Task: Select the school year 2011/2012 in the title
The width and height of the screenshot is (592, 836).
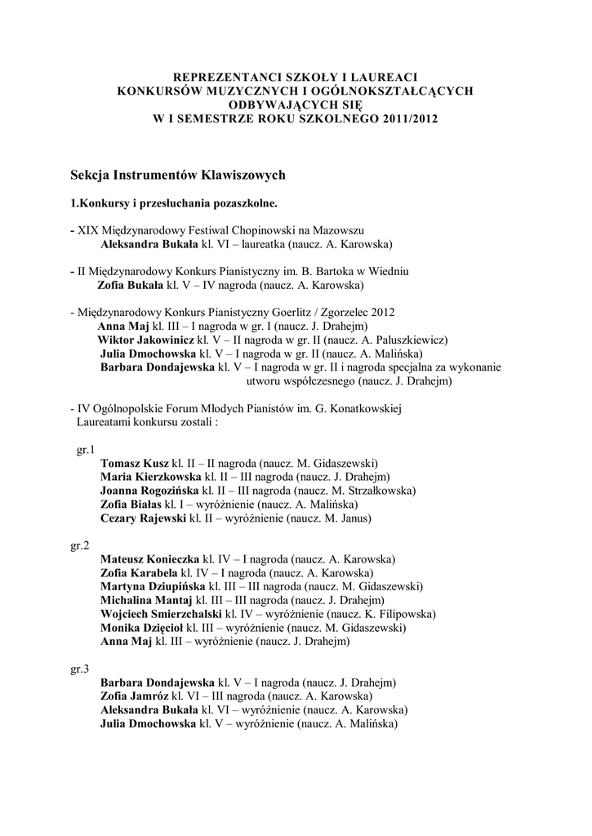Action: point(408,118)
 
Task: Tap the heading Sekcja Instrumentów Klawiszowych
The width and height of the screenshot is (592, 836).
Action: point(177,175)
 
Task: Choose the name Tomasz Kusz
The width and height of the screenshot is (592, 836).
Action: point(134,463)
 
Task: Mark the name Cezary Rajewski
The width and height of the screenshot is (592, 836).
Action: point(144,518)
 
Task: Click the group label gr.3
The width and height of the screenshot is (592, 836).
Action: point(80,669)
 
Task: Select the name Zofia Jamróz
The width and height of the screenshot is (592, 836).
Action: point(134,696)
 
